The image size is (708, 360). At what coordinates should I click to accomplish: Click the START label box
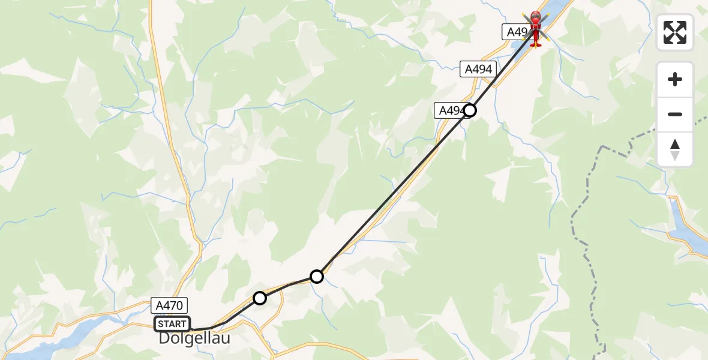tap(172, 324)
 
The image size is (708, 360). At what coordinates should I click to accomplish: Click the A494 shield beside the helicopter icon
tap(514, 32)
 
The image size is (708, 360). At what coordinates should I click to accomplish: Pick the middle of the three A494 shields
tap(478, 70)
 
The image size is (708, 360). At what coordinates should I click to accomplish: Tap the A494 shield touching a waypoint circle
tap(450, 110)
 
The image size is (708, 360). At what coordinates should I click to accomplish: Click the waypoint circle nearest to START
tap(259, 298)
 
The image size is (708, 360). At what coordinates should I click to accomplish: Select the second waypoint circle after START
tap(317, 277)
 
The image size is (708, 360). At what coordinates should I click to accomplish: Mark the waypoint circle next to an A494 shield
tap(470, 110)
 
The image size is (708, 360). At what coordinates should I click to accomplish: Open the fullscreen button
tap(675, 32)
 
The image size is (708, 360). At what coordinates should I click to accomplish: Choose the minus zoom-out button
tap(675, 114)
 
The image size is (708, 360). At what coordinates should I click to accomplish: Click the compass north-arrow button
tap(675, 149)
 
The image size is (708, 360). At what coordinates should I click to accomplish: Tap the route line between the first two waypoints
tap(288, 286)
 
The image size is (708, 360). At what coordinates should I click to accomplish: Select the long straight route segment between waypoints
tap(393, 193)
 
